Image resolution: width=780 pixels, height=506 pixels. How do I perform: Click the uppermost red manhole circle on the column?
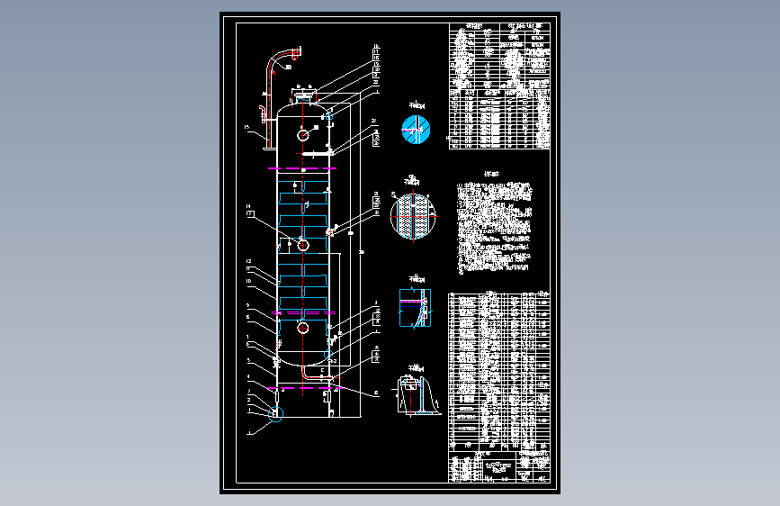tap(304, 135)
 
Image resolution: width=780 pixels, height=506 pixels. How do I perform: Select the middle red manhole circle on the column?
tap(304, 245)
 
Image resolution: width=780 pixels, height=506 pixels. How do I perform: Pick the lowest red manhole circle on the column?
tap(304, 328)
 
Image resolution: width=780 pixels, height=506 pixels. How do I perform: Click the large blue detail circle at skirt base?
tap(275, 414)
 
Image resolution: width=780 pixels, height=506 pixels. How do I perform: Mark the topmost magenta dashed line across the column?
tap(304, 167)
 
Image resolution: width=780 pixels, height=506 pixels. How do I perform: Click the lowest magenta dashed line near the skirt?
tap(304, 388)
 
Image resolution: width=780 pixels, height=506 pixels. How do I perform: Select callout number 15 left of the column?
tap(246, 129)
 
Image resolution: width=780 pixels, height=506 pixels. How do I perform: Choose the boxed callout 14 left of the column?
tap(249, 212)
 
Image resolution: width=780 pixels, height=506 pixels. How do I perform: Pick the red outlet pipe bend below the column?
tap(306, 371)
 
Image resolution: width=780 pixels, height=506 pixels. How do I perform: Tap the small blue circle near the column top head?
tap(327, 116)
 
